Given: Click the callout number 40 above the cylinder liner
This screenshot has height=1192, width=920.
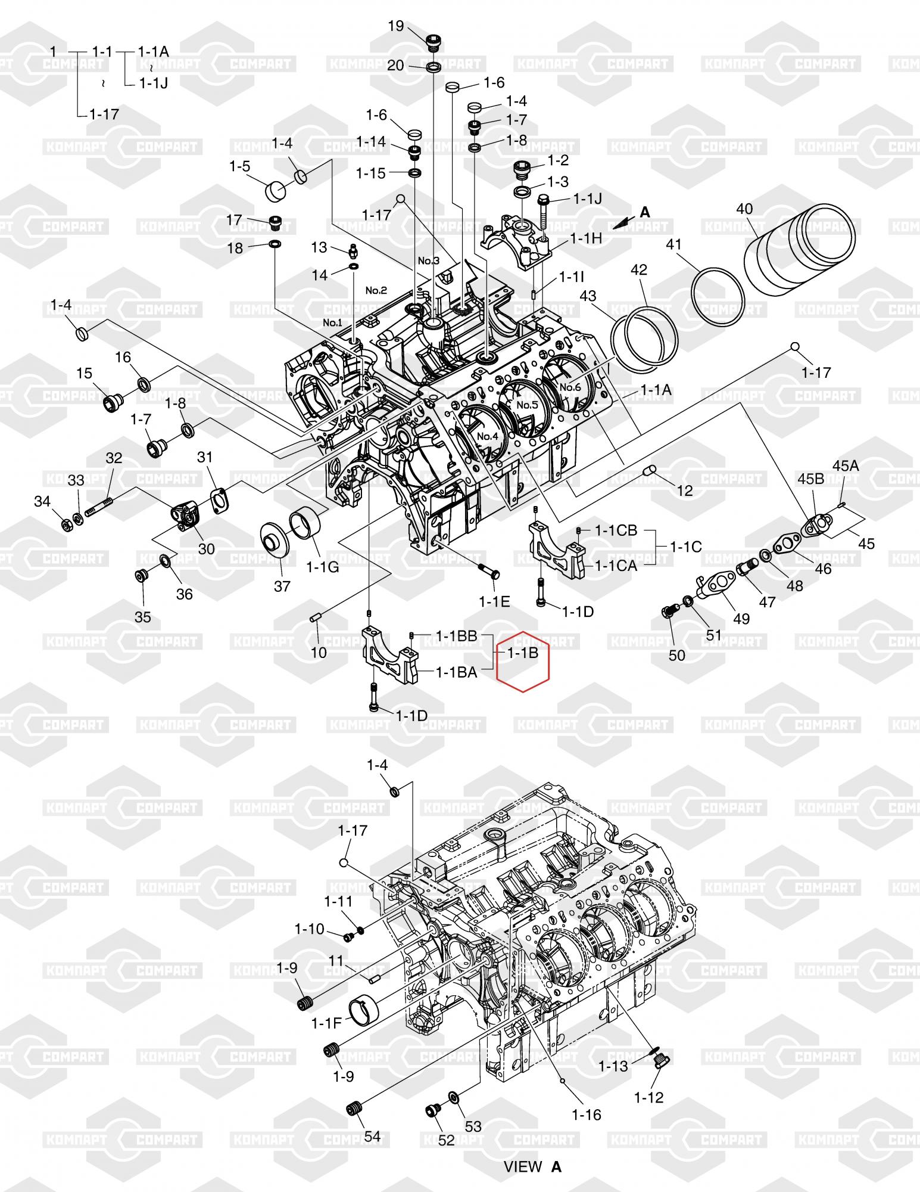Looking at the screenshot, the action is click(744, 209).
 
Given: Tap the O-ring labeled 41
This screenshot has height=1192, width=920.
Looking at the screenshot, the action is click(718, 296).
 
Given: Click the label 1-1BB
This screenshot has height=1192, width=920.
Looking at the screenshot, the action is click(457, 636).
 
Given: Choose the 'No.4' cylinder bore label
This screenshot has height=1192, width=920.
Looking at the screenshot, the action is click(488, 436).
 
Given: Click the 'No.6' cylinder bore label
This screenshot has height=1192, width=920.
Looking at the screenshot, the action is click(570, 387).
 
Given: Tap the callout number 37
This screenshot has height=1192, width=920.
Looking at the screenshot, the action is click(282, 586).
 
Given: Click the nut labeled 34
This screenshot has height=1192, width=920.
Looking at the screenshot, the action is click(67, 525).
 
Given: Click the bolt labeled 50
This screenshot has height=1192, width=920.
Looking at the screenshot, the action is click(670, 611).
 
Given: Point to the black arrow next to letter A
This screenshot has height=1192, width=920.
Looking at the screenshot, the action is click(623, 222).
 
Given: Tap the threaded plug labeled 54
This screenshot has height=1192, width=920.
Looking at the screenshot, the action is click(355, 1107).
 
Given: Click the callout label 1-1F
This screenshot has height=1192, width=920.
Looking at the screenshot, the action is click(326, 1023).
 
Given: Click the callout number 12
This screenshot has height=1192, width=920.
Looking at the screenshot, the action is click(685, 491).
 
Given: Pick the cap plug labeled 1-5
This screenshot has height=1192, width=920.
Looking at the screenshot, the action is click(275, 191).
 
